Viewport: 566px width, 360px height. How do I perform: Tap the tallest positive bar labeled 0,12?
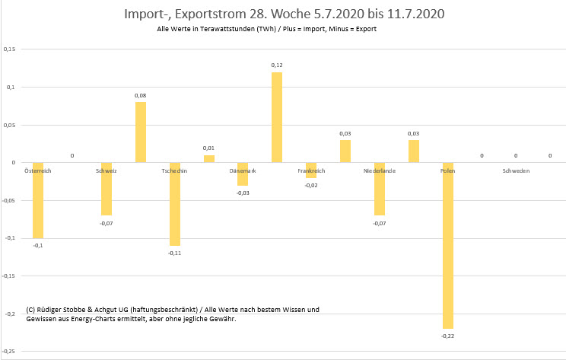(277, 117)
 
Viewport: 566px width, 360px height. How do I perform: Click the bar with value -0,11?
(174, 204)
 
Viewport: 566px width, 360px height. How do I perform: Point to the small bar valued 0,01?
(208, 158)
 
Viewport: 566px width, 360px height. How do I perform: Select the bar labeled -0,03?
(243, 174)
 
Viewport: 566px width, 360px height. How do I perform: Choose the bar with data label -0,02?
(311, 170)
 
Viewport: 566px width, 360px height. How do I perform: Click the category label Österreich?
(38, 170)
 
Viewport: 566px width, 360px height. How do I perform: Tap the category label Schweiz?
(107, 170)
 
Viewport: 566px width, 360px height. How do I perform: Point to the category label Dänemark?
(243, 170)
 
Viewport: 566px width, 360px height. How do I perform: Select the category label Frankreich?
(311, 170)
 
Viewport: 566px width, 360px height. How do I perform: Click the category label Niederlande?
(379, 170)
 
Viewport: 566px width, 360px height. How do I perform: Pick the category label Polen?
(447, 170)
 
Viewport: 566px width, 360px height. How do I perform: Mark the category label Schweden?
(516, 170)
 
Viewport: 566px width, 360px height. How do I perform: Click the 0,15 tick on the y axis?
(10, 49)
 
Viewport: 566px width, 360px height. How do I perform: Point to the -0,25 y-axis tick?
(9, 352)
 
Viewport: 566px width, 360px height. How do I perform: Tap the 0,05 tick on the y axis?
(10, 125)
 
